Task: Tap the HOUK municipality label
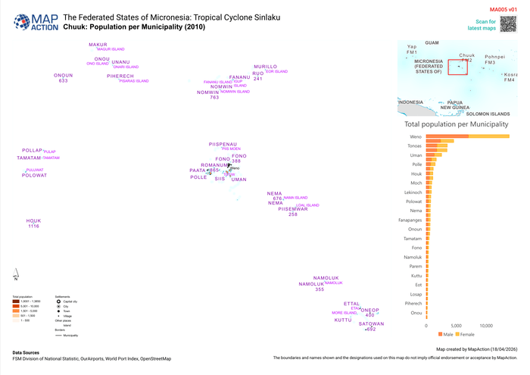tap(33, 220)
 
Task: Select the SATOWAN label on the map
tap(371, 323)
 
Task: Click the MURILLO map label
tap(266, 67)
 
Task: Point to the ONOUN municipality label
tap(64, 75)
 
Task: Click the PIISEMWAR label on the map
tap(293, 209)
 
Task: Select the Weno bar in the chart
tap(467, 136)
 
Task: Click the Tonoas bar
tap(440, 145)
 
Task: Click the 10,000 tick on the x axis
tap(486, 326)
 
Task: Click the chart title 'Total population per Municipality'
tap(456, 123)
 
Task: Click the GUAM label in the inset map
tap(432, 43)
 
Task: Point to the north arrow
tap(16, 271)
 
